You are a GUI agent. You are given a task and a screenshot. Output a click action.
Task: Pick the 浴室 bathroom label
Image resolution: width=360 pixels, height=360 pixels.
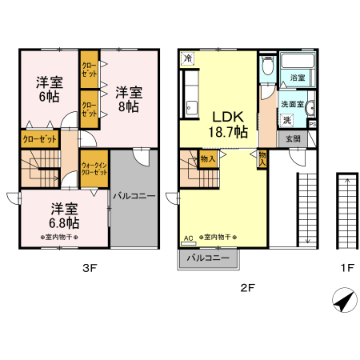(x=298, y=78)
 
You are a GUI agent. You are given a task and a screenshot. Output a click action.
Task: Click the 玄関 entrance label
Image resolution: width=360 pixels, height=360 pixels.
(x=293, y=138)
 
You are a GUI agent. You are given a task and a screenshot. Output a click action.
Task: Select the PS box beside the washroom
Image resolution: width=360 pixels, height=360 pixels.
(x=313, y=124)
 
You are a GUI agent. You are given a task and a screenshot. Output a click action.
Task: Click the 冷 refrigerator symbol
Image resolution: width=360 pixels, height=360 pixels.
(x=187, y=58)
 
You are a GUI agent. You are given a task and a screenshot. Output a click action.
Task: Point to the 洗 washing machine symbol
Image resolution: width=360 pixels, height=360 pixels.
(x=286, y=120)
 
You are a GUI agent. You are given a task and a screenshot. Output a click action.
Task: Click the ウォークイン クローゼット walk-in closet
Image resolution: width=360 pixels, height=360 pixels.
(x=94, y=170)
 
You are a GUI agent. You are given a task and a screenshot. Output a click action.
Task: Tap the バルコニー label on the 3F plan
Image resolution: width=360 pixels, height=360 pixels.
(x=133, y=194)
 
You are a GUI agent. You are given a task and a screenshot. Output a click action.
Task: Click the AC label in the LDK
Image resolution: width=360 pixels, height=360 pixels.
(x=188, y=238)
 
